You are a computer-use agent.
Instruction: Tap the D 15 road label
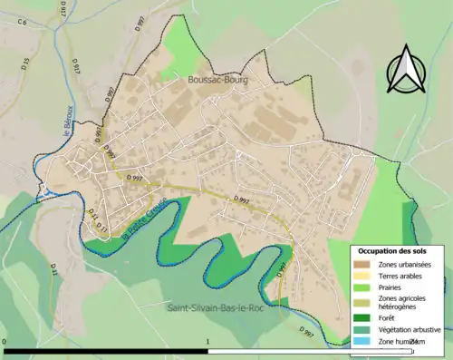[25, 63]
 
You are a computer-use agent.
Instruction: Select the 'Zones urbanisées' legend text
[405, 264]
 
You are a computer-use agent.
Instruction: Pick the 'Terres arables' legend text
[400, 276]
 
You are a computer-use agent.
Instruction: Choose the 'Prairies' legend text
[390, 287]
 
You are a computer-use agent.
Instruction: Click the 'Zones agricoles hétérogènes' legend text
[404, 303]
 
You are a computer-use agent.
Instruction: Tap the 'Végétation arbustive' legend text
[410, 329]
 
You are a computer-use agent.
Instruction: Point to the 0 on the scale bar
[5, 342]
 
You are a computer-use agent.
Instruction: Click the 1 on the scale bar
[209, 342]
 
